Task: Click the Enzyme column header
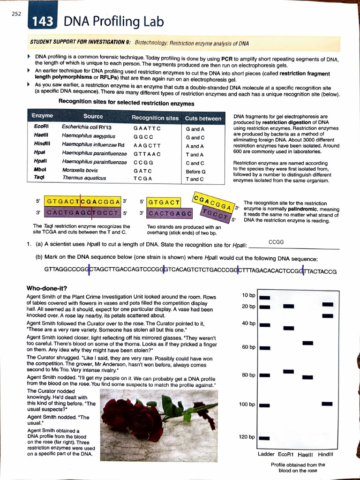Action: (x=42, y=116)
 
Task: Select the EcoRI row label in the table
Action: (x=39, y=127)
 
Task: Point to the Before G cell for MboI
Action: (x=195, y=171)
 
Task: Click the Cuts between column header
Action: (x=203, y=118)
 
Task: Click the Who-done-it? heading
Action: (x=47, y=288)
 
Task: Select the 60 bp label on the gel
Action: (x=248, y=347)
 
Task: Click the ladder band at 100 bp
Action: (x=265, y=405)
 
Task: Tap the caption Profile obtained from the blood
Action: (x=298, y=465)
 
